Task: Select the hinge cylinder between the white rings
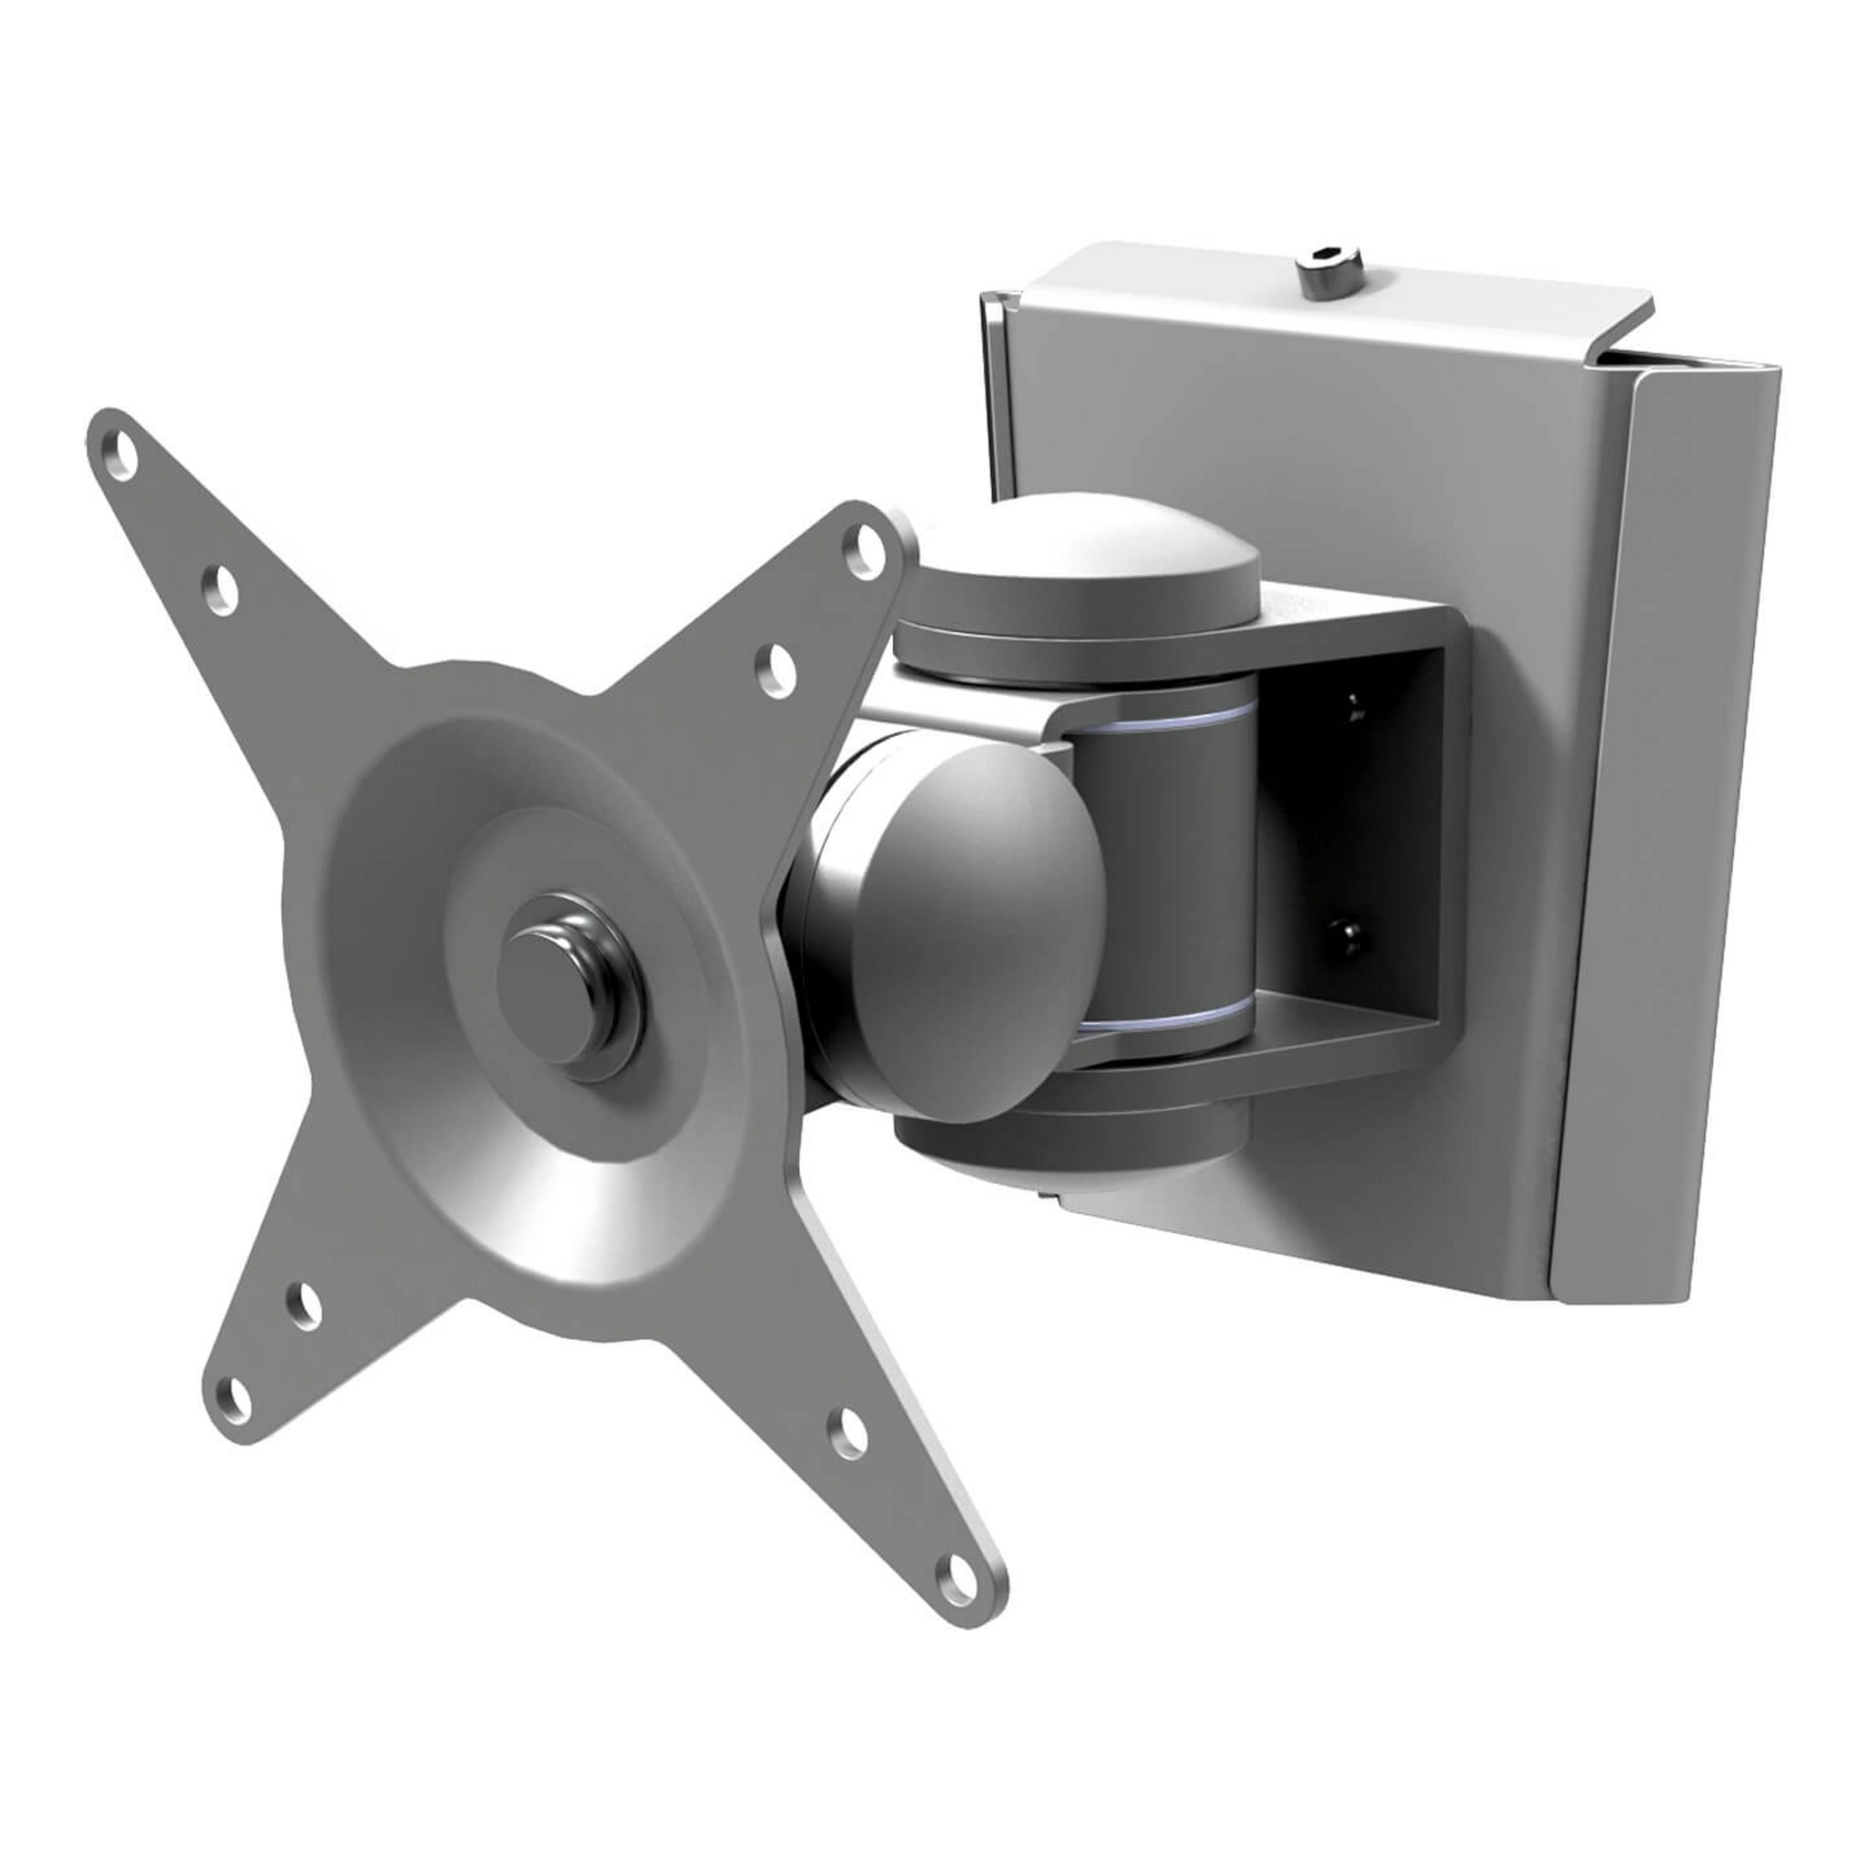tap(1166, 871)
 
